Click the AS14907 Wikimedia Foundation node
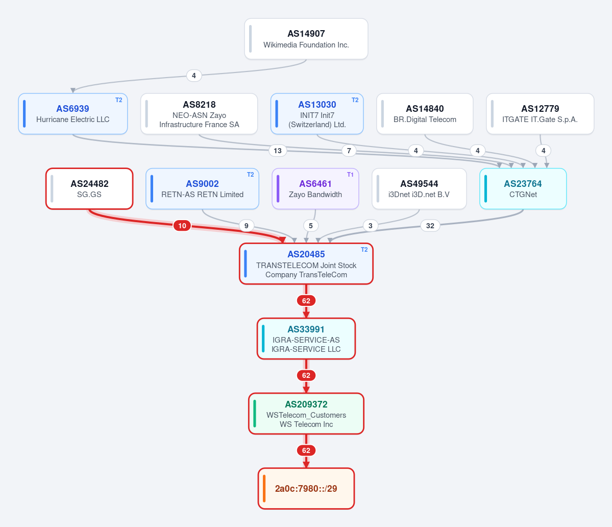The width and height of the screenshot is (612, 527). point(306,39)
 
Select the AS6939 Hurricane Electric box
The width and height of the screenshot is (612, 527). point(73,113)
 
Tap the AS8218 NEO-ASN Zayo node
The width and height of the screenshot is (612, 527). point(199,113)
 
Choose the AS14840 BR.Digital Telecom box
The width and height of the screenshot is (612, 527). point(425,113)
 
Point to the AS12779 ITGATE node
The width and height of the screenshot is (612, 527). point(540,113)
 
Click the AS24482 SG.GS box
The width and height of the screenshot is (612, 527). point(89,188)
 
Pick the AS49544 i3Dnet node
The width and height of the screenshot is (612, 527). point(419,188)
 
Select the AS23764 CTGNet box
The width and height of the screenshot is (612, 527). point(523,188)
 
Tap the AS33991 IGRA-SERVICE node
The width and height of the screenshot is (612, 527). point(306,339)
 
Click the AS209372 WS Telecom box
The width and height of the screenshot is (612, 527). point(306,414)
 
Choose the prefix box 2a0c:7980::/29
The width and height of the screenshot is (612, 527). point(306,488)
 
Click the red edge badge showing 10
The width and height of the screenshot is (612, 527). point(182,226)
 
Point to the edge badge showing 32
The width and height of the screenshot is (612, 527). point(430,226)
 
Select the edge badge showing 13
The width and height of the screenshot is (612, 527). point(278,151)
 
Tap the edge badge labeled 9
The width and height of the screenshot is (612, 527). point(247,226)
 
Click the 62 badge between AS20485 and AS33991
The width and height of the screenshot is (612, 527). point(306,301)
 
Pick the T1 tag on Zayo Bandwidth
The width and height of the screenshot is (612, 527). point(350,175)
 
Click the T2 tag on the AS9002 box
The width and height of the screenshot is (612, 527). point(250,175)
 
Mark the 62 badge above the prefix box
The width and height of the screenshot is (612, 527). point(306,450)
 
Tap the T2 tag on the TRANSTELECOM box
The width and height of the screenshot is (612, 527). point(364,249)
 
